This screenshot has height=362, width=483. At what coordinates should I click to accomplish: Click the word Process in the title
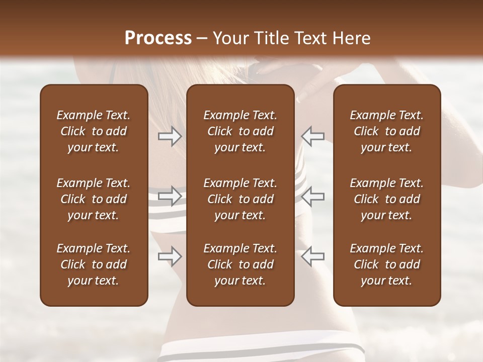pos(158,38)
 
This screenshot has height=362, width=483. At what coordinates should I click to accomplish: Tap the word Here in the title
pos(351,38)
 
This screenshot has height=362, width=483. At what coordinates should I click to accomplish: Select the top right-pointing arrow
pos(170,136)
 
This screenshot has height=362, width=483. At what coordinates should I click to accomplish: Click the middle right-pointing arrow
pos(170,196)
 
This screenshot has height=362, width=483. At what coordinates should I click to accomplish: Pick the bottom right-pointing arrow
pos(170,256)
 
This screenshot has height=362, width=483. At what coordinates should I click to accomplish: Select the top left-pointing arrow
pos(313,136)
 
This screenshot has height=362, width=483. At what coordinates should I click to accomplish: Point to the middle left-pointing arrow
pos(313,196)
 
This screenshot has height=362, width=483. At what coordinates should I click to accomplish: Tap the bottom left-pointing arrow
pos(313,256)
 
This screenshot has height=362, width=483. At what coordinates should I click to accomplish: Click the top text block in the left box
pos(94,131)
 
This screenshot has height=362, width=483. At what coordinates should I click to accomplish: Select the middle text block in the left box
pos(94,199)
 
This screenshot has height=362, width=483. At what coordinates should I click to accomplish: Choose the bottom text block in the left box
pos(94,264)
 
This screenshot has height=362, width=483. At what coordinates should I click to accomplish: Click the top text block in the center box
pos(240,131)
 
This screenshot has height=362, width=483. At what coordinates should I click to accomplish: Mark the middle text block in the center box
pos(240,199)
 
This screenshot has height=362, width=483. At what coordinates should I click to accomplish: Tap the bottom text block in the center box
pos(240,264)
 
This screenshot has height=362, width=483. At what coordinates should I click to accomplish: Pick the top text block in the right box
pos(386,131)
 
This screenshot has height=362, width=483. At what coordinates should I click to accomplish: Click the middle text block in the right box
pos(386,199)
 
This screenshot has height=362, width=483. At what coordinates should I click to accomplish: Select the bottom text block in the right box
pos(386,264)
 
